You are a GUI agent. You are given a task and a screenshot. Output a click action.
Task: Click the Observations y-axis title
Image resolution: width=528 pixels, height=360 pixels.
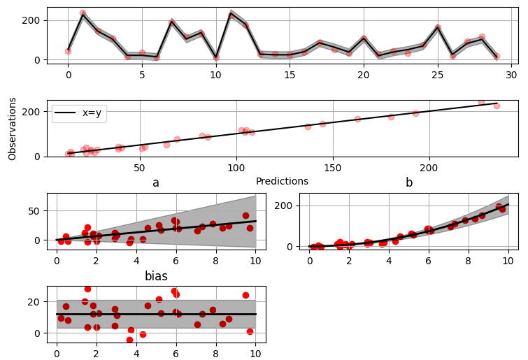point(12,129)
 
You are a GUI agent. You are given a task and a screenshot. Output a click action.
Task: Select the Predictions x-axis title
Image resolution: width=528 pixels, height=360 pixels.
point(282,181)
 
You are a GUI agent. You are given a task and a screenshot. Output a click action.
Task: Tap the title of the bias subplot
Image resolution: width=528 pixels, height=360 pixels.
point(156,276)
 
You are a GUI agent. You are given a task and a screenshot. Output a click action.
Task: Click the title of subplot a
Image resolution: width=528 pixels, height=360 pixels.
point(156,183)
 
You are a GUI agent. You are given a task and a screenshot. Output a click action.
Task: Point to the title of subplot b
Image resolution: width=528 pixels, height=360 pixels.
point(408,183)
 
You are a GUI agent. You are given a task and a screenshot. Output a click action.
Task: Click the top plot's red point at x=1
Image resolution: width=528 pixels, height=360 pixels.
point(83,13)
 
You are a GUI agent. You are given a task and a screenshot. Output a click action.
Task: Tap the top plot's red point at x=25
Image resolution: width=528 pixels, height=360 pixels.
point(438,28)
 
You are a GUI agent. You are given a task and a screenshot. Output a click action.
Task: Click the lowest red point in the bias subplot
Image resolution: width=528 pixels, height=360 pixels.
point(129,340)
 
